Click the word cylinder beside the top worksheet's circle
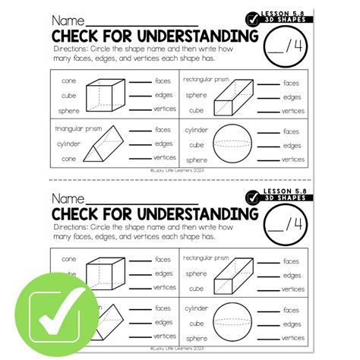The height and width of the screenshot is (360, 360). [x=197, y=130]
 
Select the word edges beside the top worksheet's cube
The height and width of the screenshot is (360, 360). [x=164, y=96]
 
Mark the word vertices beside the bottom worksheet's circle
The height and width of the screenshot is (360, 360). [x=292, y=334]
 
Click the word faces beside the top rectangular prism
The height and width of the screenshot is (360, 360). [x=291, y=82]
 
